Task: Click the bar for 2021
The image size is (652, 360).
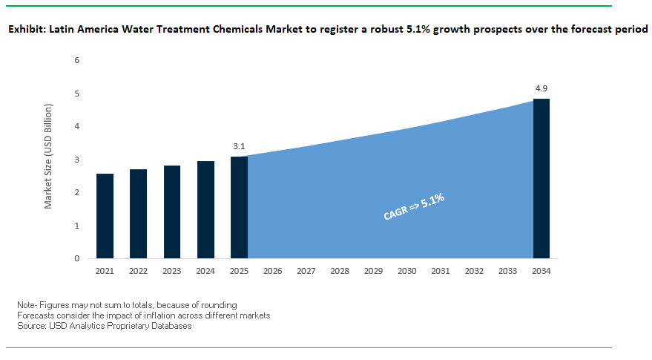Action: pos(105,216)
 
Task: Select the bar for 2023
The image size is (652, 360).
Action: pos(171,212)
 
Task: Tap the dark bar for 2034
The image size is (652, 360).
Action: pos(541,178)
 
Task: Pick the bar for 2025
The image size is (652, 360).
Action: pos(239,207)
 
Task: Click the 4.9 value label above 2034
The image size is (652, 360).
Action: pos(541,88)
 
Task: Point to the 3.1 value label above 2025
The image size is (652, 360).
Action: pos(239,146)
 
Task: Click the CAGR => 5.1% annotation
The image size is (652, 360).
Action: pos(413,206)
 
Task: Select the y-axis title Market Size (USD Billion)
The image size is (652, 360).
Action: pos(48,159)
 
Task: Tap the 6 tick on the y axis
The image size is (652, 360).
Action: pos(77,60)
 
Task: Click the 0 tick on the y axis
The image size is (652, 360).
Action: pos(77,258)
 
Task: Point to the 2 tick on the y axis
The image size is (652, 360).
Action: pos(77,192)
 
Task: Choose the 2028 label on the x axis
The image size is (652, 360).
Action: pos(340,272)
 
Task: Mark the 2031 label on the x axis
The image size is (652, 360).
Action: pos(441,272)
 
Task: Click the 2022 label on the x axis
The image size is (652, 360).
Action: pos(138,272)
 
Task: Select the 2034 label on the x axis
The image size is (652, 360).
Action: pos(541,272)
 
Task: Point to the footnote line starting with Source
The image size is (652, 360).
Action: pos(104,326)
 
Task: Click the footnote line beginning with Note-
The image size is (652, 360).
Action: pos(127,305)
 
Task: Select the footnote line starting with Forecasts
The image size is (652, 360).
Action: pos(143,315)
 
